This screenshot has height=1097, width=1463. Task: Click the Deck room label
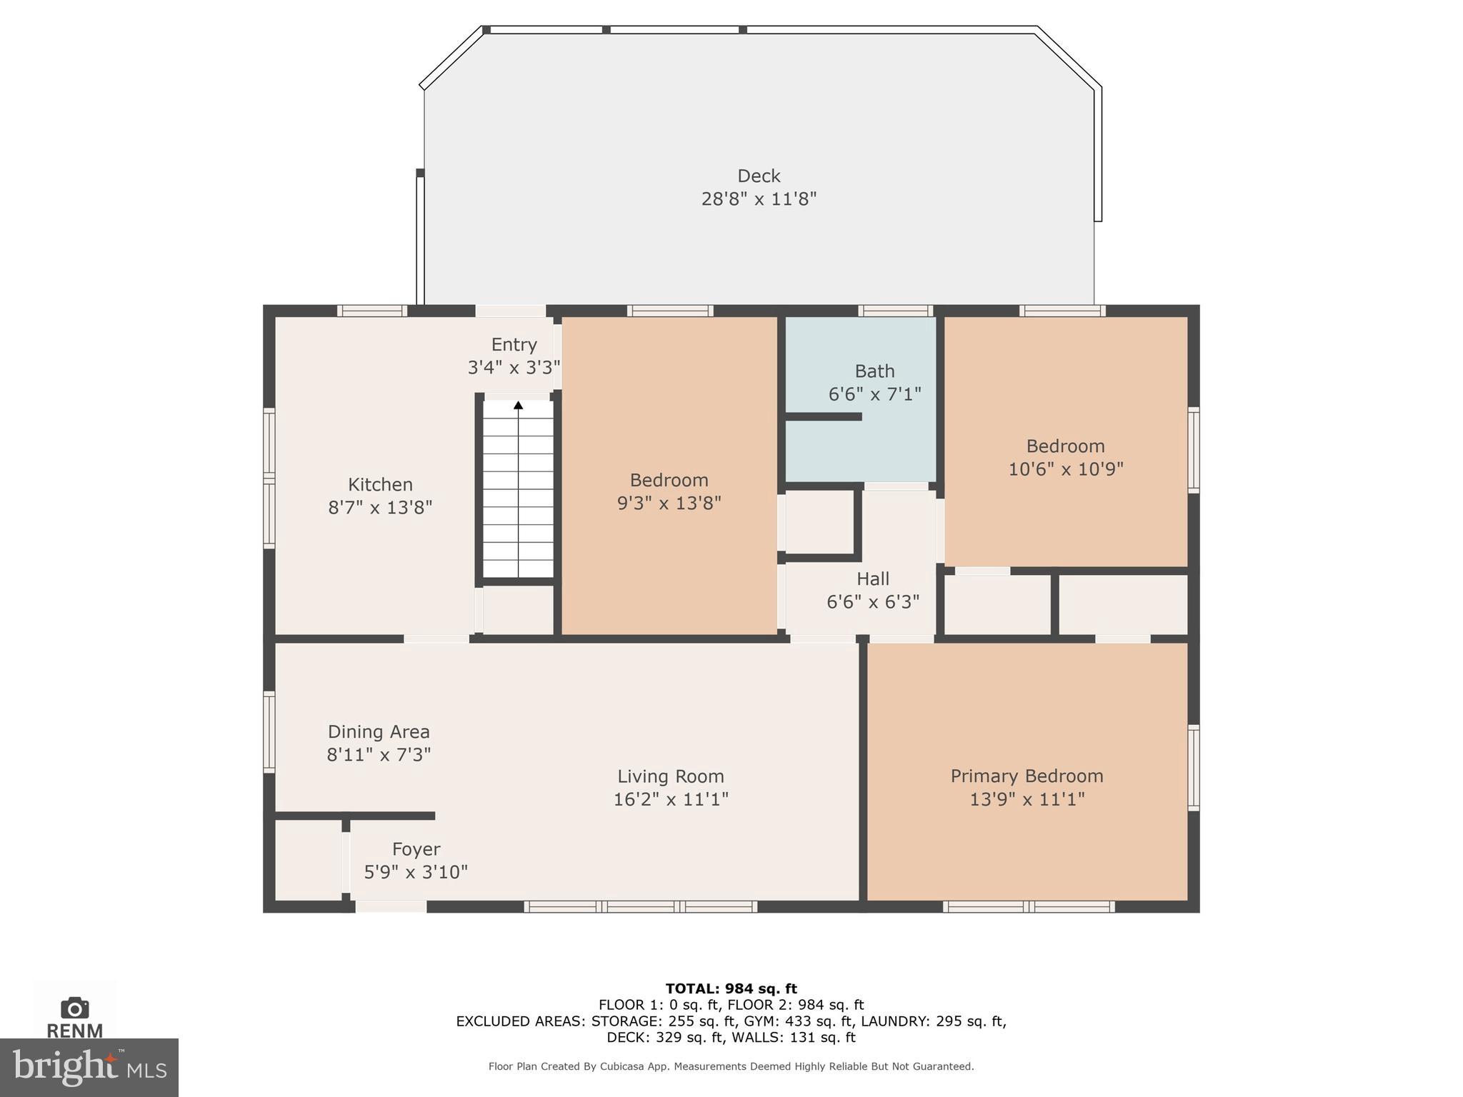(759, 176)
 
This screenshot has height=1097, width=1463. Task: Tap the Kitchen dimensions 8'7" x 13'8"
(380, 508)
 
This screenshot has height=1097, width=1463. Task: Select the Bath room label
(874, 371)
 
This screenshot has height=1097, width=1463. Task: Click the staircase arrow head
(519, 406)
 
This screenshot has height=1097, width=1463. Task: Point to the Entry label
(514, 345)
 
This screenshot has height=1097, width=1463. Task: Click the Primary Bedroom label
(1027, 776)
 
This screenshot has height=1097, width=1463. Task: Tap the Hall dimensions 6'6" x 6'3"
(873, 602)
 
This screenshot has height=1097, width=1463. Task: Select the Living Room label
(670, 776)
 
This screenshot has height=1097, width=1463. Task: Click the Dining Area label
(379, 732)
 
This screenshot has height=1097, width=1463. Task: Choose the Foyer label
(416, 849)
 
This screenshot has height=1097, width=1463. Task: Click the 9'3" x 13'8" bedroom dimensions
(669, 504)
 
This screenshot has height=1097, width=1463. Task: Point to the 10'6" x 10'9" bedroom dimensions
(1065, 469)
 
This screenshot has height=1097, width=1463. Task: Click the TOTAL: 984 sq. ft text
(731, 988)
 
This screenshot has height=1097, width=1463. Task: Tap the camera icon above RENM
(74, 1008)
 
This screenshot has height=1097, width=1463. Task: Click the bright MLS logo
(89, 1067)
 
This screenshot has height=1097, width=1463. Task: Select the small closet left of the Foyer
(308, 861)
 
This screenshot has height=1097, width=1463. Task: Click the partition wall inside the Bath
(823, 416)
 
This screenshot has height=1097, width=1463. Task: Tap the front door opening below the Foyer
(391, 906)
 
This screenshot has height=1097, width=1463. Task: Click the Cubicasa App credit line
(731, 1066)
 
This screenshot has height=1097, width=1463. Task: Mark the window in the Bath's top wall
(895, 311)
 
